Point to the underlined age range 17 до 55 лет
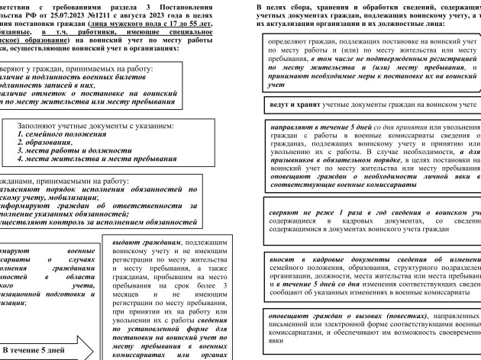191,24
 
